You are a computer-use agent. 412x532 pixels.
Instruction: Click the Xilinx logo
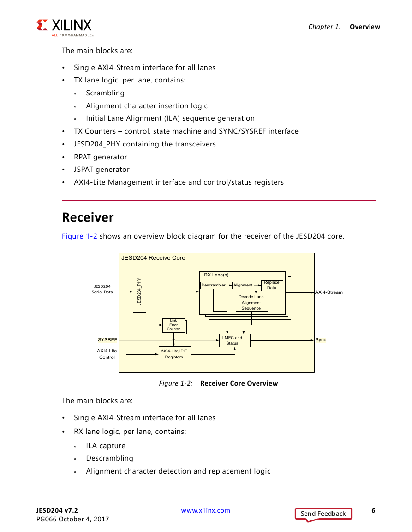pyautogui.click(x=64, y=27)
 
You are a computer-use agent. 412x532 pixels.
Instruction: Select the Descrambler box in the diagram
pyautogui.click(x=214, y=285)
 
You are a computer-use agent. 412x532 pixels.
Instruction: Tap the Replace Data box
pyautogui.click(x=272, y=285)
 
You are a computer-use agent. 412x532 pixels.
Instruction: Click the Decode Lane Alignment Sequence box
pyautogui.click(x=251, y=303)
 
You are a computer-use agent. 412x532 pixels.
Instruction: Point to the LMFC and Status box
pyautogui.click(x=234, y=341)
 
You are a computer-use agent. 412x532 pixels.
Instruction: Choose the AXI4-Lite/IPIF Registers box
pyautogui.click(x=175, y=354)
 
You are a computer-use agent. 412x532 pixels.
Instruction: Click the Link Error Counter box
pyautogui.click(x=173, y=325)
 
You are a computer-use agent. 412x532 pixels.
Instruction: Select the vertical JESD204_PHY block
pyautogui.click(x=139, y=292)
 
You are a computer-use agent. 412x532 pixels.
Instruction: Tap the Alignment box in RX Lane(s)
pyautogui.click(x=243, y=285)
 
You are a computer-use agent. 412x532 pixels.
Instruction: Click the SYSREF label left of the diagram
pyautogui.click(x=107, y=339)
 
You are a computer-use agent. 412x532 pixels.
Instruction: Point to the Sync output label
pyautogui.click(x=321, y=339)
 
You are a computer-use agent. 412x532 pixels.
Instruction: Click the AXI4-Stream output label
pyautogui.click(x=328, y=292)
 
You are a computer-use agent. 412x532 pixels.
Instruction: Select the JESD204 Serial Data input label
pyautogui.click(x=102, y=289)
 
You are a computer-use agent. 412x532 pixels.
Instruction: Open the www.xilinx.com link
pyautogui.click(x=205, y=510)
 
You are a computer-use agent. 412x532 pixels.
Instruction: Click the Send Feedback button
pyautogui.click(x=323, y=514)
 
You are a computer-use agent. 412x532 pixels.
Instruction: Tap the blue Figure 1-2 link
pyautogui.click(x=79, y=236)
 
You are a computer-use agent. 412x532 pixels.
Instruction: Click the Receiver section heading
pyautogui.click(x=88, y=217)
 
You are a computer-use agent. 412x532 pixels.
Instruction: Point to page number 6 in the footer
pyautogui.click(x=373, y=510)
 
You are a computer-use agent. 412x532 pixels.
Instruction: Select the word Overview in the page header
pyautogui.click(x=365, y=27)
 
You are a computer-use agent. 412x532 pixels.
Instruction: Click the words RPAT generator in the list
pyautogui.click(x=100, y=157)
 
